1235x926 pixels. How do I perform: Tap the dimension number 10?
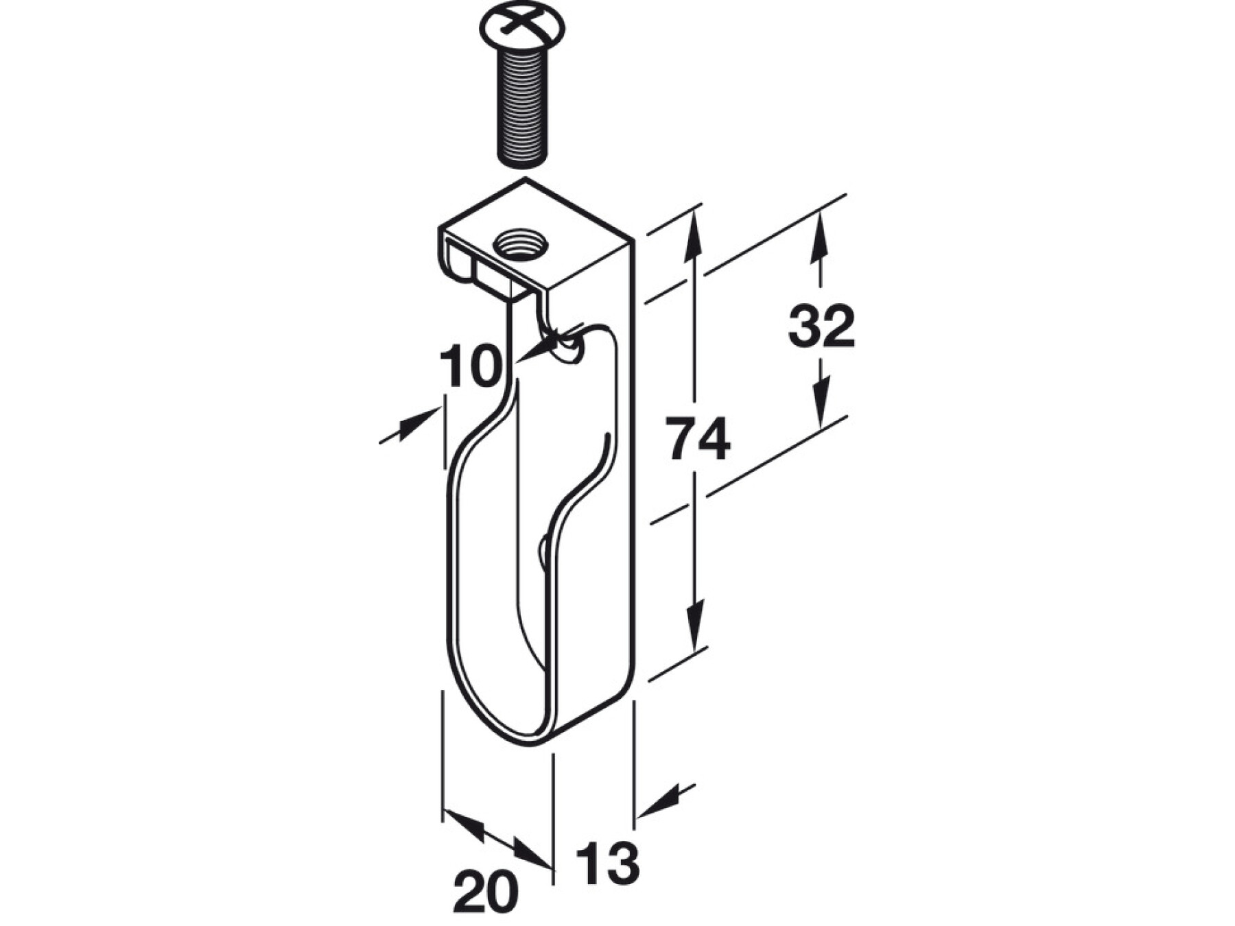coord(471,366)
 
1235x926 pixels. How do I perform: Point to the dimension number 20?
coord(486,892)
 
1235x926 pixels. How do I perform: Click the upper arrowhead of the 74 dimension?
coord(694,237)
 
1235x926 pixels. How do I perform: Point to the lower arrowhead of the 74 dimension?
coord(696,624)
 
